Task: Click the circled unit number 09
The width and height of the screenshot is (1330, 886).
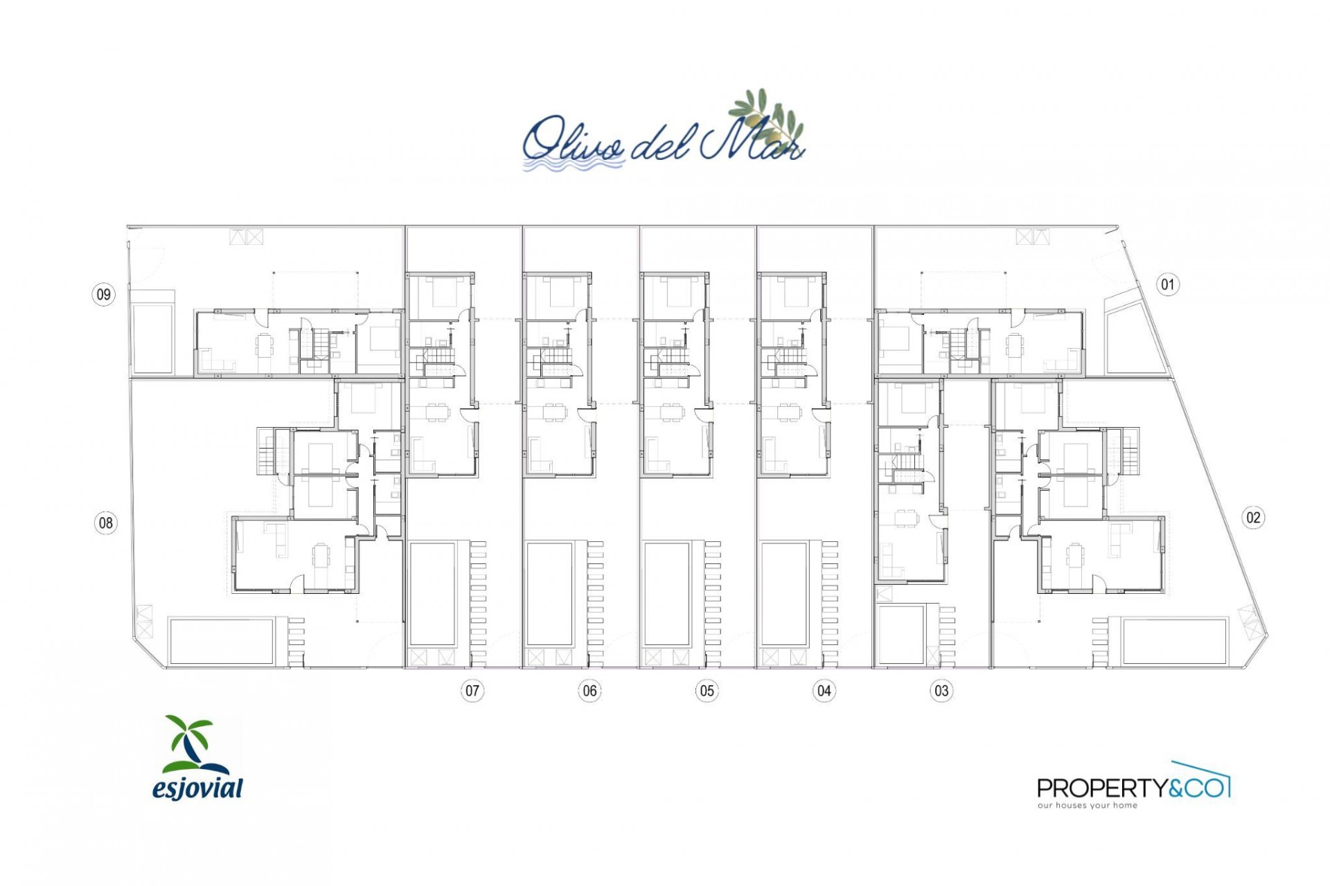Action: [103, 294]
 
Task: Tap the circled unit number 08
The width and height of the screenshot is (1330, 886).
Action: [105, 523]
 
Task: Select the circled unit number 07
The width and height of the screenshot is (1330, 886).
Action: [472, 690]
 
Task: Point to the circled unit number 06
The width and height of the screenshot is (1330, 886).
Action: [589, 690]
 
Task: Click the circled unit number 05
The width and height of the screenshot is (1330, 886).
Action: [707, 690]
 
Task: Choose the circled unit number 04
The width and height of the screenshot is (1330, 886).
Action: [824, 690]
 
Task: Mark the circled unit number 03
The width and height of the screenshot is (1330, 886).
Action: [941, 690]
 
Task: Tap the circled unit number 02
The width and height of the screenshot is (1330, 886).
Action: [1253, 517]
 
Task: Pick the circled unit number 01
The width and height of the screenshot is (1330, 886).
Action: [1168, 284]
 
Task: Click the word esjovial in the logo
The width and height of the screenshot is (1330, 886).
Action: [198, 788]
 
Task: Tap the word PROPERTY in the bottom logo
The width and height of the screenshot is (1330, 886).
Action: [1102, 788]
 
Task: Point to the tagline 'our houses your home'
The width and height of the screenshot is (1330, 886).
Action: [1087, 806]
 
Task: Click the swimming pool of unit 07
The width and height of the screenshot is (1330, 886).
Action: [432, 594]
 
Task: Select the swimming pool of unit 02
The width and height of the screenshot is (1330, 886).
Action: [1174, 640]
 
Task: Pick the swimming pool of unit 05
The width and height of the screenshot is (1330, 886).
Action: [667, 594]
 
